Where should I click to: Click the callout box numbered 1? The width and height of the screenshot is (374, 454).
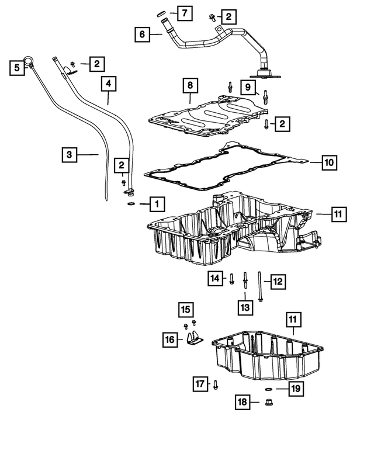157,204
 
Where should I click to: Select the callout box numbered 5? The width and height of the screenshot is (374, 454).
18,68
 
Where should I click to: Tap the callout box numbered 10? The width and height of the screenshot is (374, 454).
329,162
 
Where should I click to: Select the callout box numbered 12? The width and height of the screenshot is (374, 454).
277,282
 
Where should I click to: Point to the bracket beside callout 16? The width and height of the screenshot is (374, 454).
194,339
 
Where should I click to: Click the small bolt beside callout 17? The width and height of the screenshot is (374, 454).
216,384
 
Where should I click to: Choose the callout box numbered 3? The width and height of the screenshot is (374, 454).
70,155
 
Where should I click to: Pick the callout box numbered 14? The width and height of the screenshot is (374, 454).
215,279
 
